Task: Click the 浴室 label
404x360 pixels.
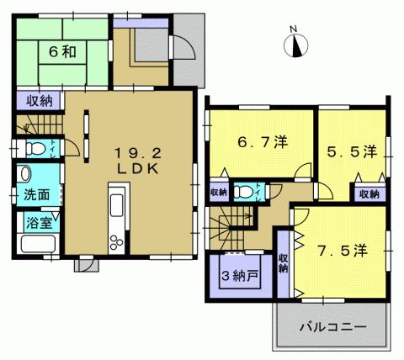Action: click(36, 224)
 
